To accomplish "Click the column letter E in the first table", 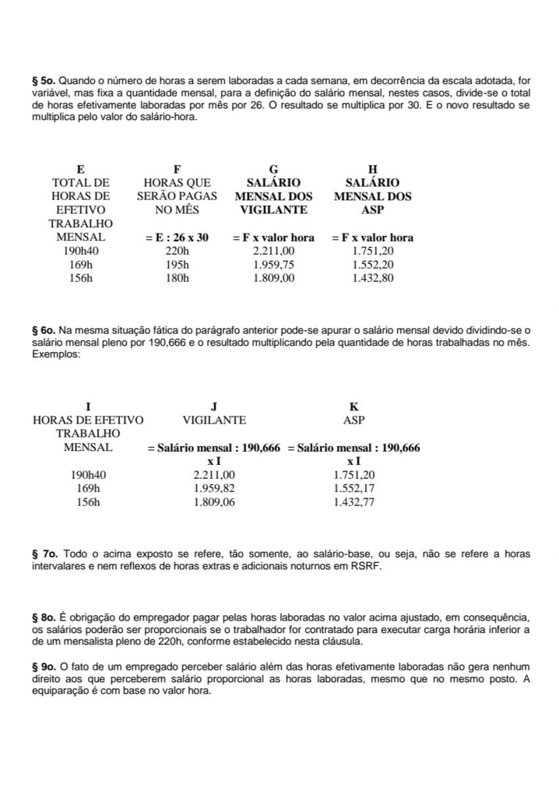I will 80,169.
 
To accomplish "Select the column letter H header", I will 372,169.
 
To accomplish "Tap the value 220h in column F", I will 177,251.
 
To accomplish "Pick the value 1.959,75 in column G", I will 274,265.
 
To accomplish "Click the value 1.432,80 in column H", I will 372,278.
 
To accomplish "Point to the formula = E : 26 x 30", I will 177,238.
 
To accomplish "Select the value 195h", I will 177,265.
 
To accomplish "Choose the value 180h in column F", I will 177,278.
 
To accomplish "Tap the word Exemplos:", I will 56,354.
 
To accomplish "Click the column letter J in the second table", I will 214,406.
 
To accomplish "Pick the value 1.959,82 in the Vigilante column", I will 214,489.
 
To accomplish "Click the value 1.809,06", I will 214,502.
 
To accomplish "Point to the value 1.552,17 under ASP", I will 354,489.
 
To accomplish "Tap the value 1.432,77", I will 354,502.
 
